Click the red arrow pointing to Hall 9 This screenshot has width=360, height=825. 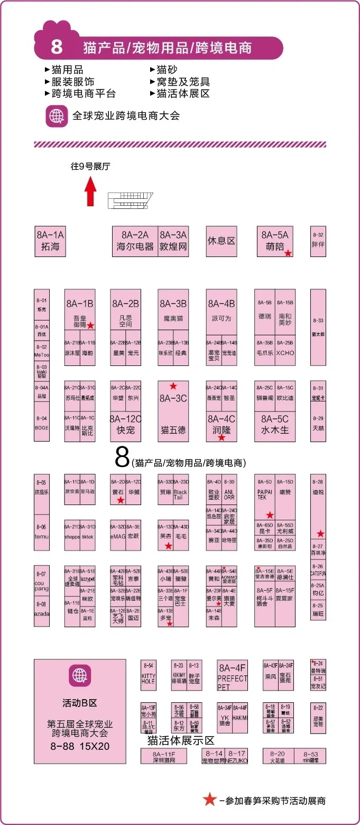point(90,191)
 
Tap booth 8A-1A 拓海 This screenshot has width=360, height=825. point(50,241)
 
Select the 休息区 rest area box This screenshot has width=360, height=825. point(221,241)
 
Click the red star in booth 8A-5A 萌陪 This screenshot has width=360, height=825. point(288,253)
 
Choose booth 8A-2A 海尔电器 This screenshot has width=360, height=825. point(135,241)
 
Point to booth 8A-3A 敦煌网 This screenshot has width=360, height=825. point(173,241)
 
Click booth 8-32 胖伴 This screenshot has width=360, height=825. point(318,241)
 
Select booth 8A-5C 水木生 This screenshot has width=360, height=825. point(274,425)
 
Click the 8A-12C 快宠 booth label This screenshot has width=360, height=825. point(125,425)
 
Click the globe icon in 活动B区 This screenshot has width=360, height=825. point(80,675)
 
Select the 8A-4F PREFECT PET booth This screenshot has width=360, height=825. point(232,674)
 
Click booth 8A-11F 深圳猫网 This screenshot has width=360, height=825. point(164,756)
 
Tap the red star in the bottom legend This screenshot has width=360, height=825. point(210,800)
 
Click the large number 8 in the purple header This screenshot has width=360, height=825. point(57,48)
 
